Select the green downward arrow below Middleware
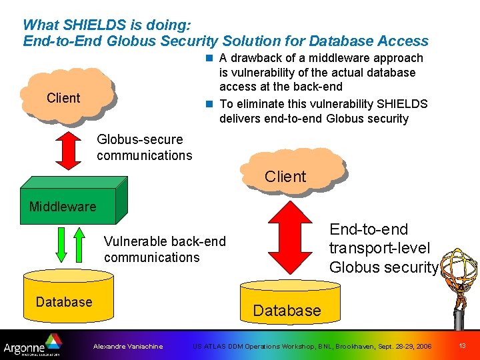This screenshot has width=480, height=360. (60, 246)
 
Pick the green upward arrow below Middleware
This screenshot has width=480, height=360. (79, 246)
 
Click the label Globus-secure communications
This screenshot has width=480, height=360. (144, 147)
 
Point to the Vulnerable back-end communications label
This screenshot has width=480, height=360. (165, 249)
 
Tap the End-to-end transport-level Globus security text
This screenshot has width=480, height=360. (383, 248)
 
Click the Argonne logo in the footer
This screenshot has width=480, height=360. (31, 346)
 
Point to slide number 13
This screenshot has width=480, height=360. (462, 346)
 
